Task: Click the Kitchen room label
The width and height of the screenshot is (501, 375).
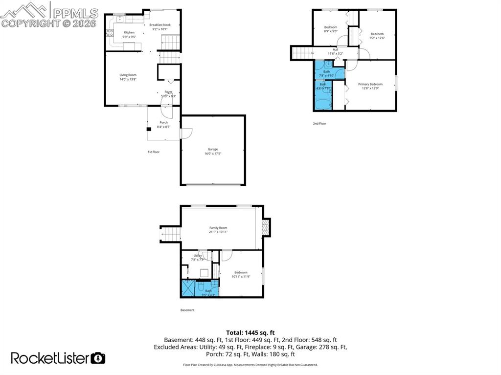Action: [115, 33]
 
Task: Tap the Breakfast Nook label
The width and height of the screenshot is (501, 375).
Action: [160, 24]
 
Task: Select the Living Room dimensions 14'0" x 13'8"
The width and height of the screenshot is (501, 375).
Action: [128, 79]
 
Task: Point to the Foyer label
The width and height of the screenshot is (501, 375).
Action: [168, 92]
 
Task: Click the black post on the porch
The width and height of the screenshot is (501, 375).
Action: [149, 130]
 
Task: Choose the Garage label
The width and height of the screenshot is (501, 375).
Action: [212, 149]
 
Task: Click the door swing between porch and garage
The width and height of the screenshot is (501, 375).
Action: [186, 133]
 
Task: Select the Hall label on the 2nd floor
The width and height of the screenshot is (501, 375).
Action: [336, 49]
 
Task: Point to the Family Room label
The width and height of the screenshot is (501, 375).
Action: [218, 228]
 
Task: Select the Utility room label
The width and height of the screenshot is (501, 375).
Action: [197, 256]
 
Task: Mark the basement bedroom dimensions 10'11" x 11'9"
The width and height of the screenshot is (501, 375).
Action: [241, 277]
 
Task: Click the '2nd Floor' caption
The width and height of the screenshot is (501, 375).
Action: [319, 124]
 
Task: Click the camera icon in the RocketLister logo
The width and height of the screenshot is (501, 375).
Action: [98, 358]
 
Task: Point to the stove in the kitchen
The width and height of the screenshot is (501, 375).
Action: [110, 33]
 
